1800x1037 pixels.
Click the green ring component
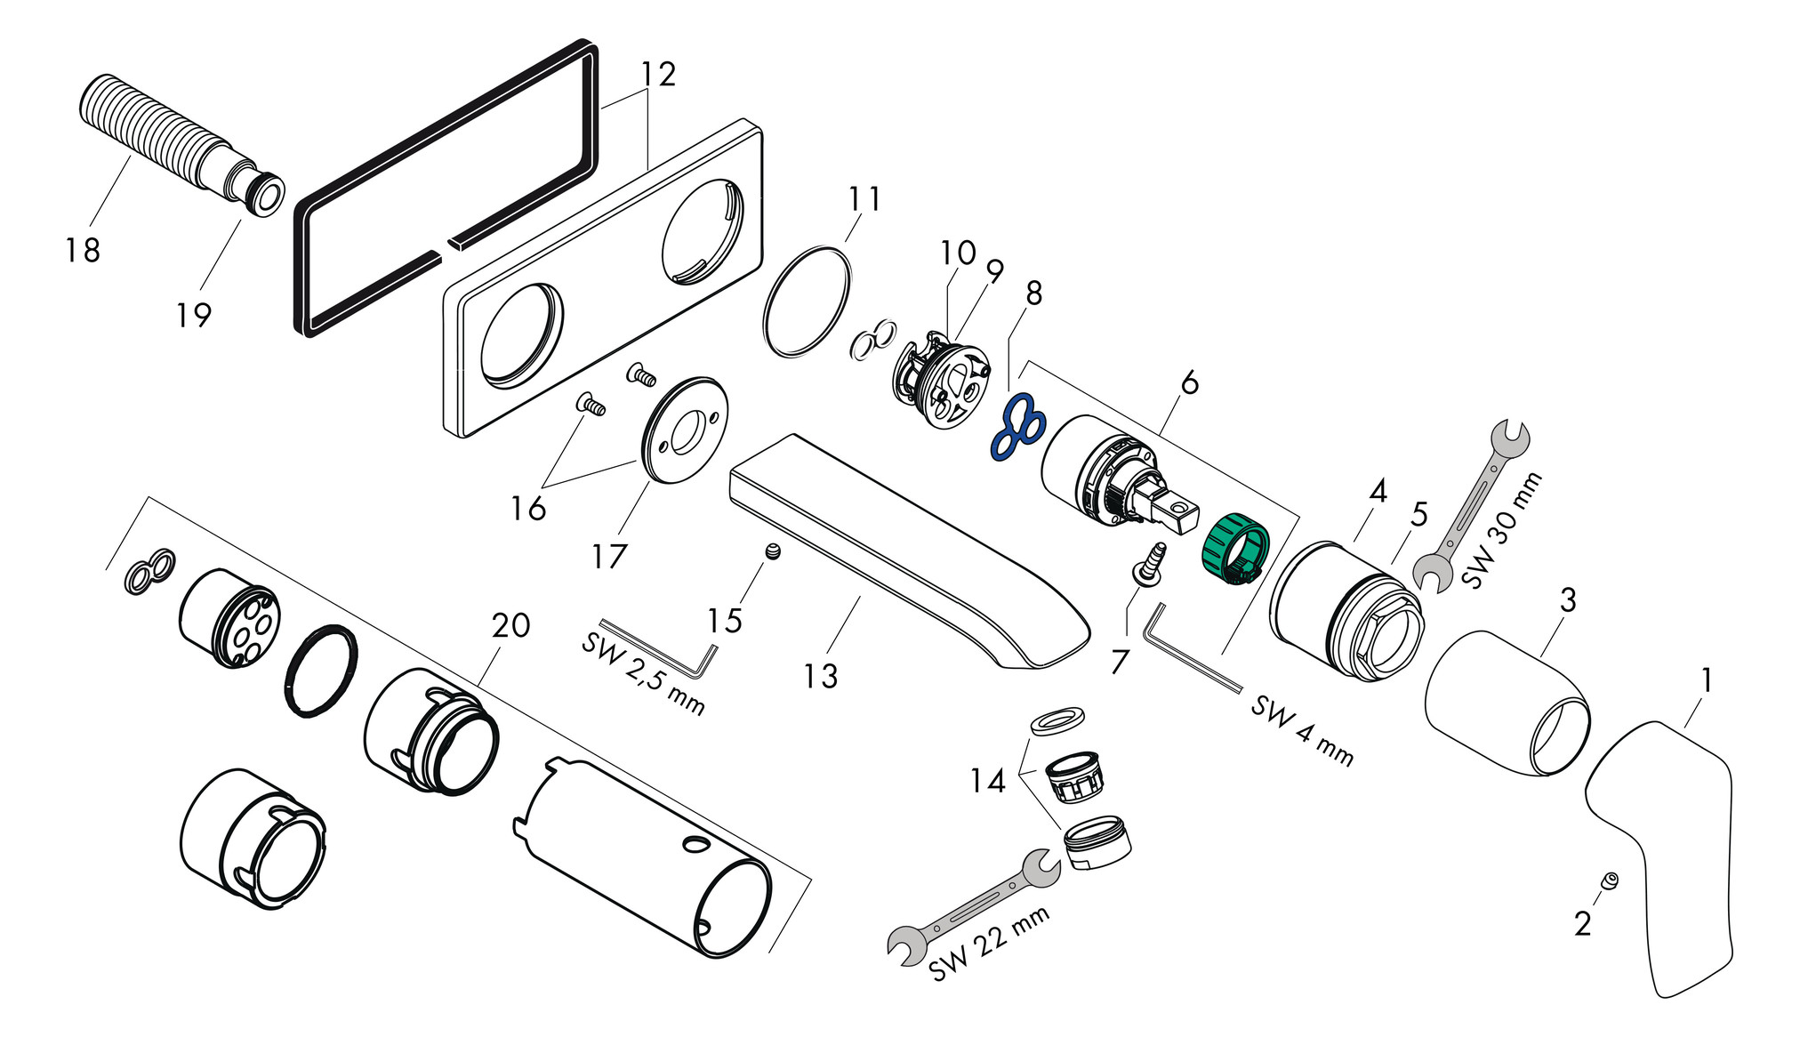(1234, 550)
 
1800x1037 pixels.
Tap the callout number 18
(83, 250)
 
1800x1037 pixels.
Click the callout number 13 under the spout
(820, 676)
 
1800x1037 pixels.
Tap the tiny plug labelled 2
(1609, 880)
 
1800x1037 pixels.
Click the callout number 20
(511, 625)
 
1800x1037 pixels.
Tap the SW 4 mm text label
(1301, 731)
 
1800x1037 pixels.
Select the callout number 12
(658, 74)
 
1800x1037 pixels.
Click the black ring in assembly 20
(321, 672)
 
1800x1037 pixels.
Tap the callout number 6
(1189, 383)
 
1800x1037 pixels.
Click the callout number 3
(1568, 600)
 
